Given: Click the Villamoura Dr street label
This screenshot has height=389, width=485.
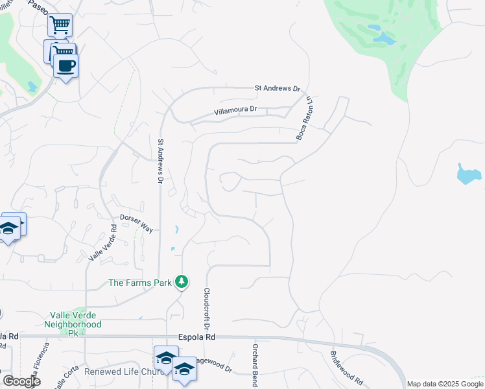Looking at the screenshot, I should pyautogui.click(x=236, y=111).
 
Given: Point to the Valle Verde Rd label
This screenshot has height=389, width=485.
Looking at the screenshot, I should pyautogui.click(x=102, y=243).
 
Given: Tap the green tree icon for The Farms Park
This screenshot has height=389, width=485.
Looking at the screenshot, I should pyautogui.click(x=183, y=281).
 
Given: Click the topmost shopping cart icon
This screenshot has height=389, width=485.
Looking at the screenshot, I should pyautogui.click(x=60, y=25).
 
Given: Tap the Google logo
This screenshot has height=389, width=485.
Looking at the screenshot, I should pyautogui.click(x=21, y=381).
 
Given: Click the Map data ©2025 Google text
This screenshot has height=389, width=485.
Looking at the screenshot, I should pyautogui.click(x=445, y=384).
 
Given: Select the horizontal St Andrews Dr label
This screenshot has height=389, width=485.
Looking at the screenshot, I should pyautogui.click(x=278, y=88).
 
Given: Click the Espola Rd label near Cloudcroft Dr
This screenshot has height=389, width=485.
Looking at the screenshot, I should pyautogui.click(x=196, y=337).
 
